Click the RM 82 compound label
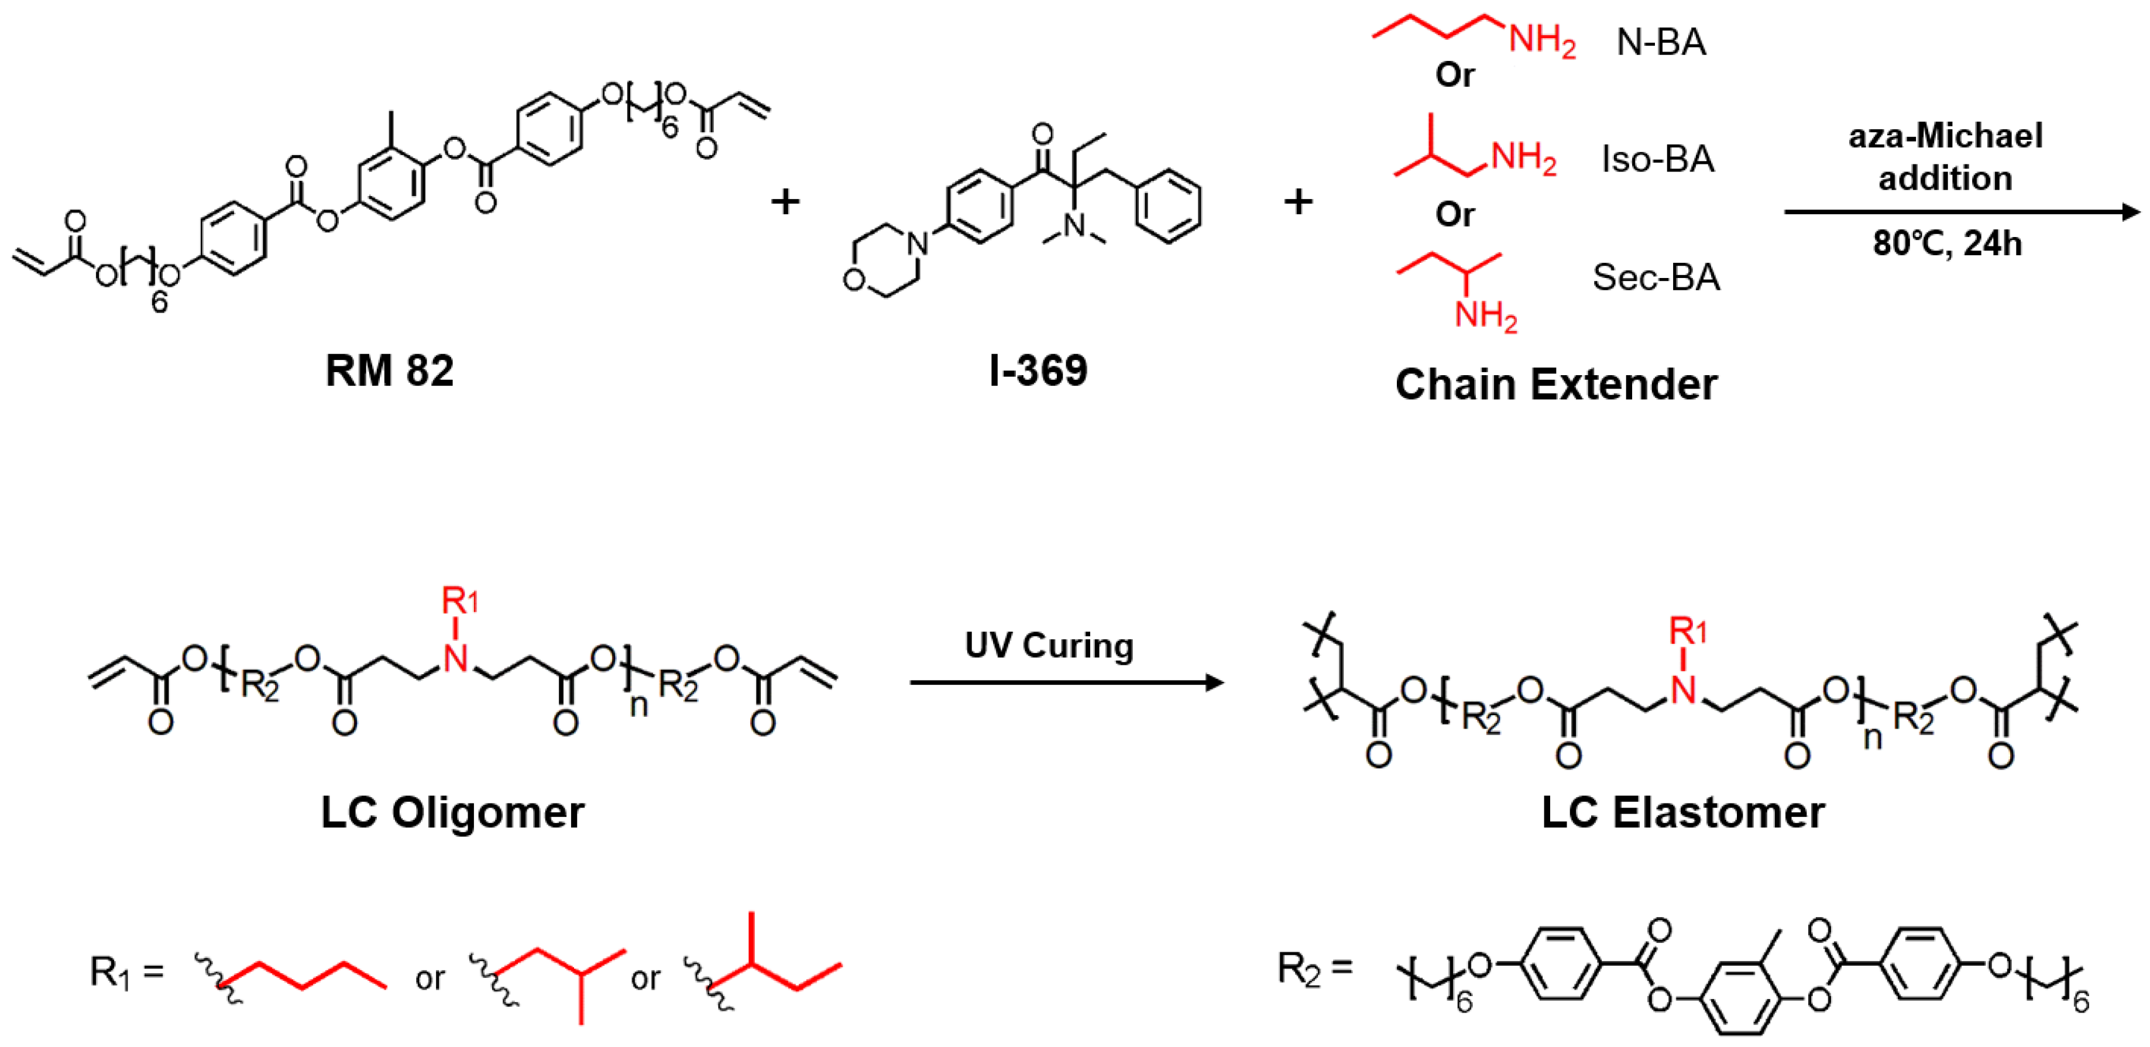[x=389, y=370]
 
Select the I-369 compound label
[x=1038, y=370]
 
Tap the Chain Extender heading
[x=1556, y=385]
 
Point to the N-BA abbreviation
[x=1661, y=42]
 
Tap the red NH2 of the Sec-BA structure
[x=1486, y=317]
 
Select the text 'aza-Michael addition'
[x=1946, y=157]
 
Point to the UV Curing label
[x=1049, y=646]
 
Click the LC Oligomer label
[x=452, y=812]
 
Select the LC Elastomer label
[x=1682, y=812]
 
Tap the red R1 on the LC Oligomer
[x=459, y=601]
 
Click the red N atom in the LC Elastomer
[x=1684, y=691]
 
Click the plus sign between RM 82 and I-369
[x=785, y=202]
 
